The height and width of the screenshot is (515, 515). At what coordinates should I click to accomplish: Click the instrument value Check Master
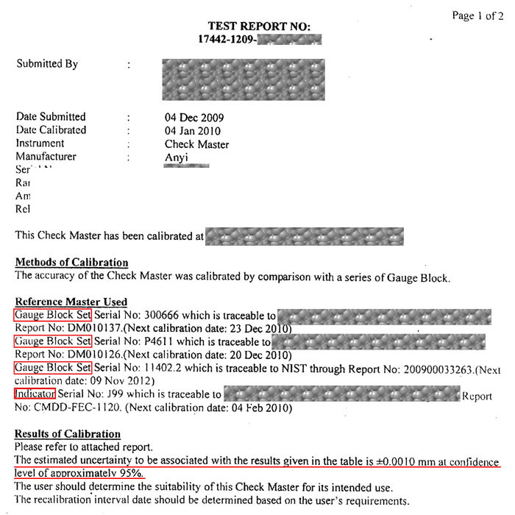coord(196,144)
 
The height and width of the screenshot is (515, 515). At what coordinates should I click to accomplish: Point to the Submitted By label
coord(47,64)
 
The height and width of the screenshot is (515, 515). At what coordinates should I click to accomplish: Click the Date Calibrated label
coord(51,130)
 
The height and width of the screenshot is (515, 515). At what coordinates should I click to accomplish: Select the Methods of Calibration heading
coord(72,263)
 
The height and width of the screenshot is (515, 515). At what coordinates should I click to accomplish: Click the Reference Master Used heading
coord(71,302)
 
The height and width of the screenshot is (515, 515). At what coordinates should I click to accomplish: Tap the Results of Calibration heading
coord(68,434)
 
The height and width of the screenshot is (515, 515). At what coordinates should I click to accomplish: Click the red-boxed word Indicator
coord(35,394)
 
